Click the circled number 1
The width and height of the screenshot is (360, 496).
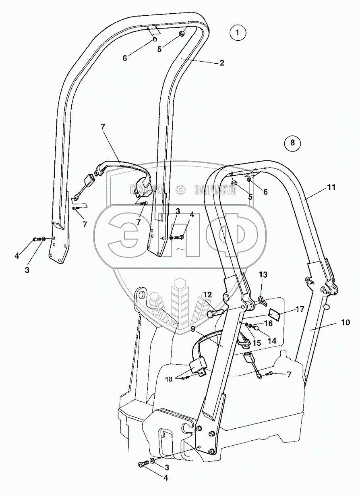click(x=238, y=33)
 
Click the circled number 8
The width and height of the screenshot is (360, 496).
click(x=292, y=142)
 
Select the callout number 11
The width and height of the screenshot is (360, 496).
click(x=331, y=187)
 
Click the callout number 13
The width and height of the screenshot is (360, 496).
click(x=263, y=275)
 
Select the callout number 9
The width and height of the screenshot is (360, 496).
click(x=193, y=329)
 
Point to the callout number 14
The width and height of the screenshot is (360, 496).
click(x=272, y=340)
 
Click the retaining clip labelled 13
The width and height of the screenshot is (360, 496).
click(x=261, y=300)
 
